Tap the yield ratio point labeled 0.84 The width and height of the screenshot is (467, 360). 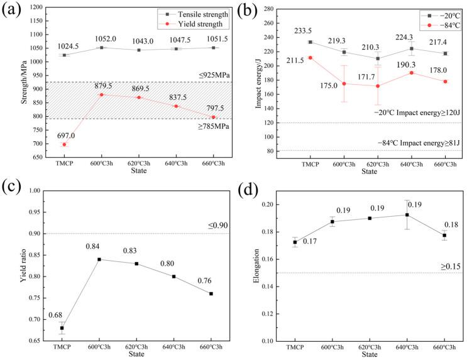point(99,259)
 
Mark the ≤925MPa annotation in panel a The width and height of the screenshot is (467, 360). point(215,75)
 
